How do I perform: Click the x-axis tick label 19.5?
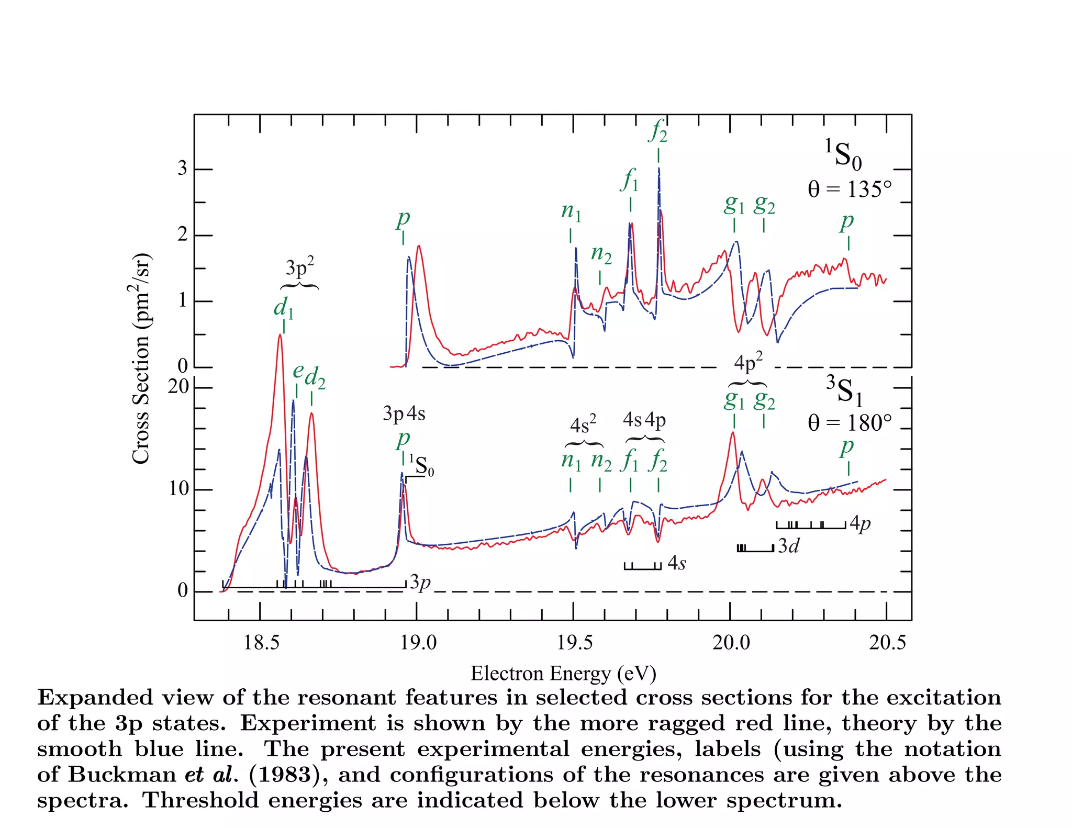(574, 642)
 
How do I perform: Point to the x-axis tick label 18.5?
(261, 642)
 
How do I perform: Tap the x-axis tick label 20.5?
(887, 642)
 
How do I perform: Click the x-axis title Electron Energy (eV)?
(563, 674)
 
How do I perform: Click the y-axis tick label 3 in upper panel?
(182, 169)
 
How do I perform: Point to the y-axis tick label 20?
(178, 387)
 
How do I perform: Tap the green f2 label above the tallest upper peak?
(658, 130)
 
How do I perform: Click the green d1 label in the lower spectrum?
(284, 307)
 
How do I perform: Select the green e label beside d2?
(298, 371)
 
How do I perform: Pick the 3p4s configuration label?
(404, 414)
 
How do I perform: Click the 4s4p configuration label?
(644, 420)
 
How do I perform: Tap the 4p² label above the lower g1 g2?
(748, 362)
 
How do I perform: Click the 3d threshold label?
(788, 546)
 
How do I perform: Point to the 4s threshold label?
(676, 564)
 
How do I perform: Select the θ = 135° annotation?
(849, 189)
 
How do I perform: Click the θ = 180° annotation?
(849, 423)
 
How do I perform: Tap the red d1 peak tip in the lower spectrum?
(280, 334)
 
